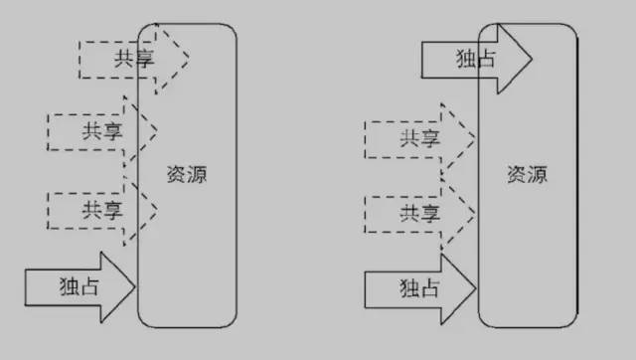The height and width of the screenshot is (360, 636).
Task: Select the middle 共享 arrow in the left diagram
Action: (x=99, y=130)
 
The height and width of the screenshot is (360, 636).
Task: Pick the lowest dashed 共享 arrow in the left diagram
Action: (x=99, y=209)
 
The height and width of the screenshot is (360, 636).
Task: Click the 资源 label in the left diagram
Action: (x=188, y=174)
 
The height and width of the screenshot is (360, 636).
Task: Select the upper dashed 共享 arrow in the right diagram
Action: (x=417, y=139)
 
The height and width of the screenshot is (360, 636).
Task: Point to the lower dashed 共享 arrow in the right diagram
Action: (x=417, y=212)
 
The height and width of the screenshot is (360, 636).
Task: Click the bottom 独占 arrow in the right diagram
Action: (x=417, y=287)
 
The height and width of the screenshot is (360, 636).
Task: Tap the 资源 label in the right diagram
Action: (x=527, y=174)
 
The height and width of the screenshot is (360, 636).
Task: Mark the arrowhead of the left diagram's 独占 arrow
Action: (x=121, y=286)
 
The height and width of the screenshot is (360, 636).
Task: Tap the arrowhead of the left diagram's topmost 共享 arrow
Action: (x=175, y=55)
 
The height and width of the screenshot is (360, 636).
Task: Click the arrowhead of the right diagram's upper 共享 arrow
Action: (x=462, y=139)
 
